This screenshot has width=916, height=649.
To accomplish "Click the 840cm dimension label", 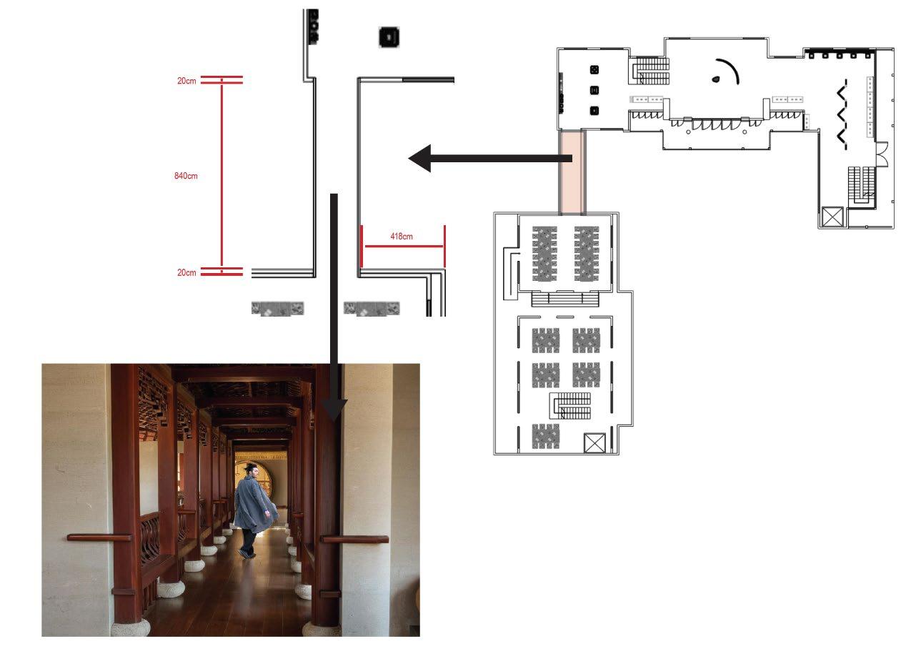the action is click(x=186, y=176).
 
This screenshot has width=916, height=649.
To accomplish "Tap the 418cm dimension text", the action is click(x=401, y=236).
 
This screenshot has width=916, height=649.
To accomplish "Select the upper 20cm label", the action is click(x=186, y=81).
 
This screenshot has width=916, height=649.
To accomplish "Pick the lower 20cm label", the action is click(x=186, y=272).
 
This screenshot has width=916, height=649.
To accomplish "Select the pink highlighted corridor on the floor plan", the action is click(x=572, y=172).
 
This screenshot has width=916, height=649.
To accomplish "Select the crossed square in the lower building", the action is click(x=594, y=443).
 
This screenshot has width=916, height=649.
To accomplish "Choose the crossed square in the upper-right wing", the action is click(x=833, y=217).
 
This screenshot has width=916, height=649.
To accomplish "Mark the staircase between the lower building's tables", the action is click(x=571, y=406).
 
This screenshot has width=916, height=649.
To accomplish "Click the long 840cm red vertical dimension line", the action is click(x=221, y=176).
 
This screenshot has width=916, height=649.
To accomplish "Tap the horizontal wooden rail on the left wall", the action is click(x=99, y=537).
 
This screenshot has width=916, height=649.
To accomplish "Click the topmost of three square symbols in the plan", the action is click(x=594, y=70).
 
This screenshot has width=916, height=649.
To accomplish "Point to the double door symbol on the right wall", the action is click(x=882, y=154).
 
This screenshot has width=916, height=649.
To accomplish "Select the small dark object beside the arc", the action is click(x=715, y=80).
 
